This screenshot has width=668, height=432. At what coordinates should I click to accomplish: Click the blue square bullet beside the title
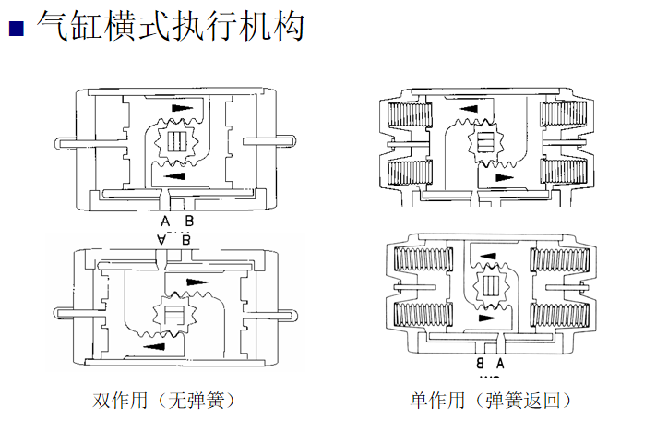click(15, 28)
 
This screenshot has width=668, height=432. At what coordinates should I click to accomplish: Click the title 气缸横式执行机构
click(170, 25)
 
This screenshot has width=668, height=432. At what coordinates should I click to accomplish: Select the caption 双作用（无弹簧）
click(164, 401)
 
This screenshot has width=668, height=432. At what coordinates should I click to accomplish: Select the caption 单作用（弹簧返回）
click(491, 401)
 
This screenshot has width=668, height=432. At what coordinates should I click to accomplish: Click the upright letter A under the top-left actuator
click(165, 222)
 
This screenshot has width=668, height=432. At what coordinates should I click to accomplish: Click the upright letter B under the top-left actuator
click(188, 222)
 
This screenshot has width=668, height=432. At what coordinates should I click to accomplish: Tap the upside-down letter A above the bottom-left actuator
click(162, 240)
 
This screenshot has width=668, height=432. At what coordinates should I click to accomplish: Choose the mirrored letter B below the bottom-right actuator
click(480, 364)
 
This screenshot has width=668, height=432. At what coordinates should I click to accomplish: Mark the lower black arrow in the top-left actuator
click(173, 174)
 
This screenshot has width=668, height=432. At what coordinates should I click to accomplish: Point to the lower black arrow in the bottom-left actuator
click(155, 347)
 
